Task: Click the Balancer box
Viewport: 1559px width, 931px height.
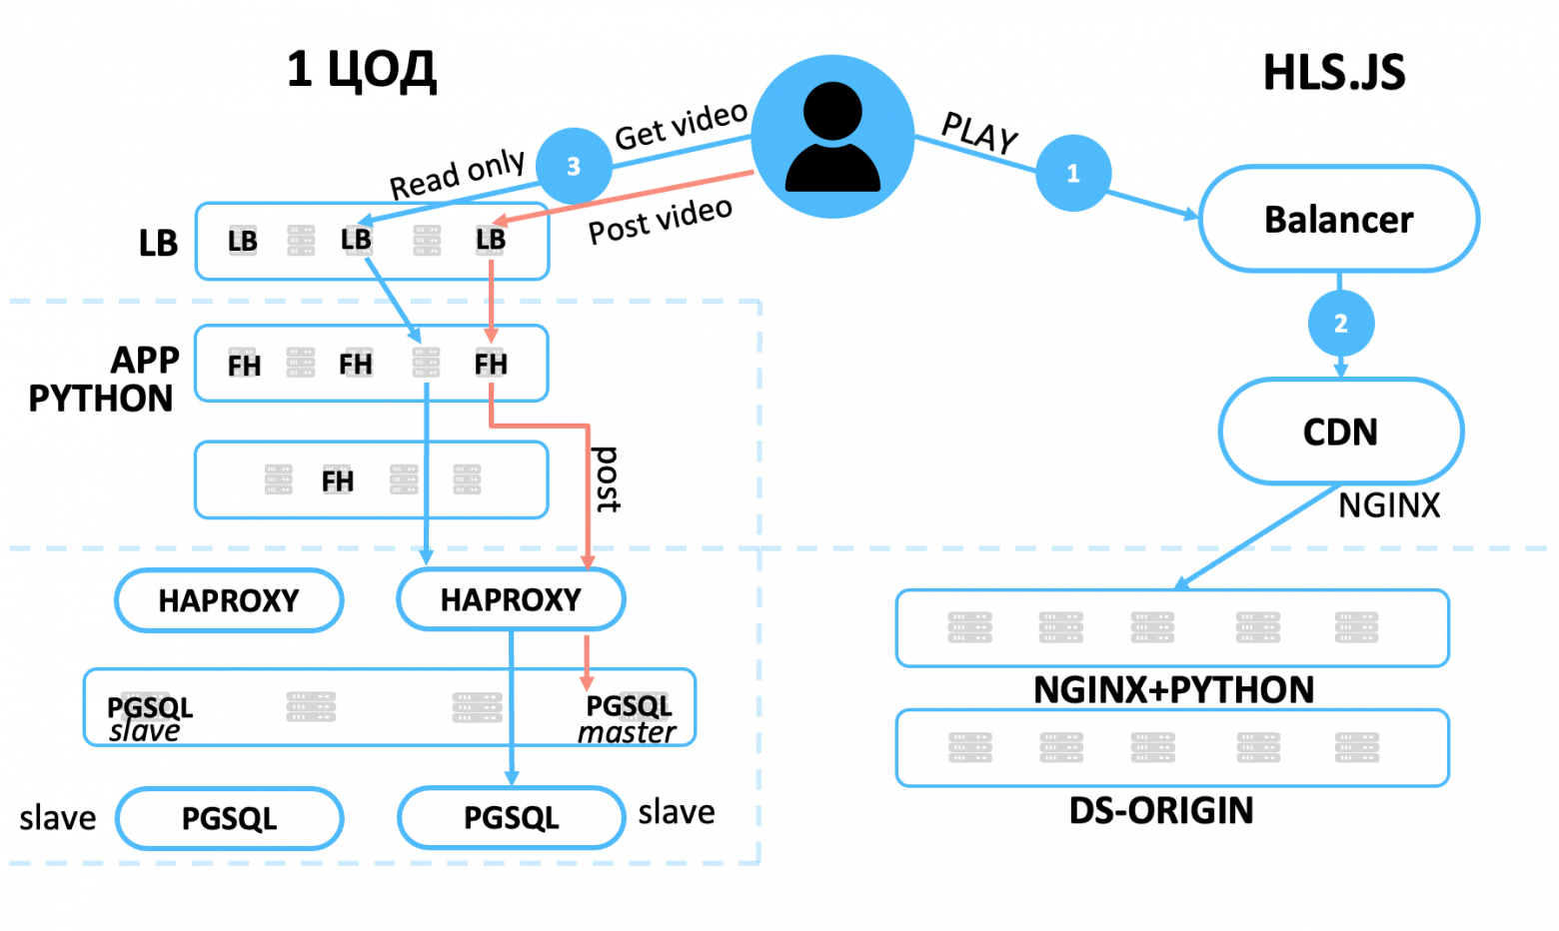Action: pos(1338,219)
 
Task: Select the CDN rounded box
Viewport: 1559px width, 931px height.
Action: pos(1340,432)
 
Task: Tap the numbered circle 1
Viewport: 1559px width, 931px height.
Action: pos(1073,173)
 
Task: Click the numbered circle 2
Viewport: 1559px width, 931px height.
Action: pos(1340,323)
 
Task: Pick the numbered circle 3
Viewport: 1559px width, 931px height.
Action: pos(574,166)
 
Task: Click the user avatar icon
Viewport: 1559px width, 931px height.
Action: pos(832,137)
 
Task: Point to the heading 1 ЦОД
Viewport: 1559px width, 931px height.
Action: pos(361,70)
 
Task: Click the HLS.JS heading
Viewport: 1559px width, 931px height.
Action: pos(1333,73)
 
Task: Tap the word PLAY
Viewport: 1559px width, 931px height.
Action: pos(979,133)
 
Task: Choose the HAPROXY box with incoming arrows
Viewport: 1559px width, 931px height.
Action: pos(511,599)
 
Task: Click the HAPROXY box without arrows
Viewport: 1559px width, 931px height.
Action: pos(229,600)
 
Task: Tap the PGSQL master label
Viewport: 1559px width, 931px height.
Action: pos(628,718)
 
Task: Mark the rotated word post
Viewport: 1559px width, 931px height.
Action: pos(607,479)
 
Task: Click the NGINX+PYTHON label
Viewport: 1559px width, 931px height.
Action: pos(1173,689)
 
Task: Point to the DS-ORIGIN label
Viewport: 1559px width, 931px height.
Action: pos(1161,810)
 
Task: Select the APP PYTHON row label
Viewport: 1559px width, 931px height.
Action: pos(103,379)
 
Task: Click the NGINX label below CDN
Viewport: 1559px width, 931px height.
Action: pos(1389,505)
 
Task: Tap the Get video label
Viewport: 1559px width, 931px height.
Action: pos(681,125)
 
